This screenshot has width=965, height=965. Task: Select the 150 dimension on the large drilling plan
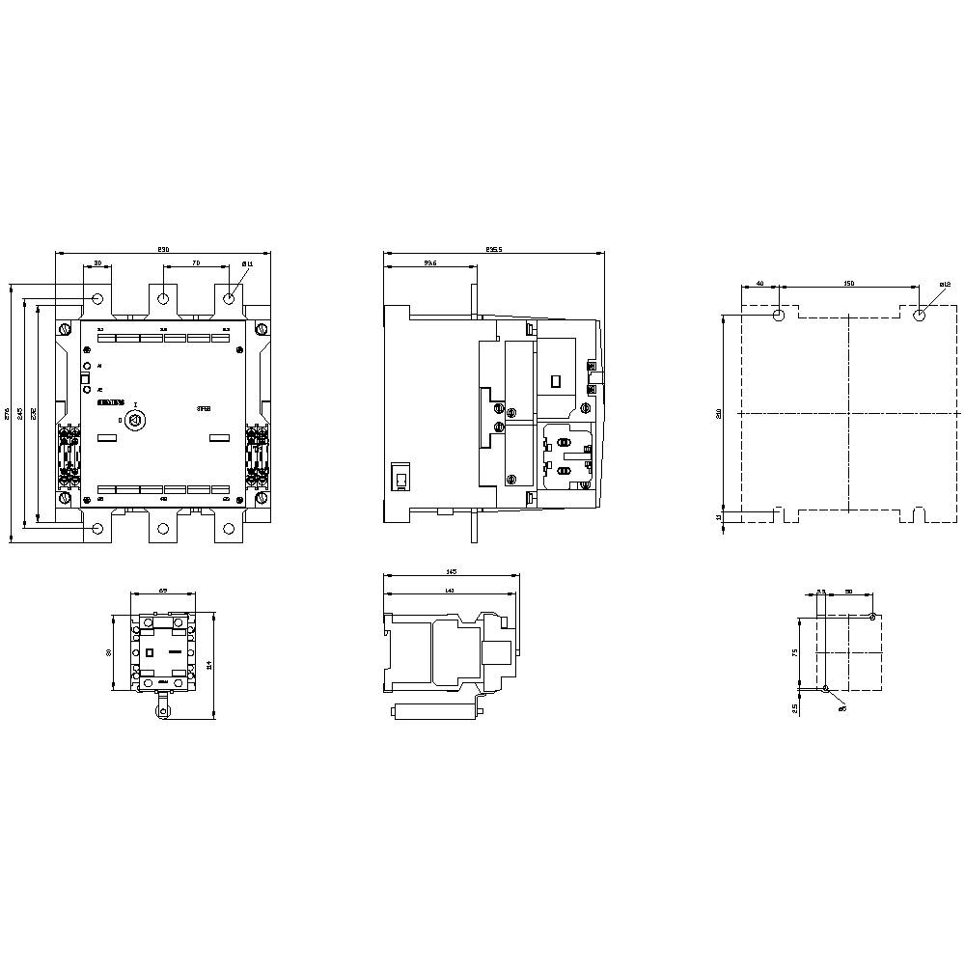point(848,284)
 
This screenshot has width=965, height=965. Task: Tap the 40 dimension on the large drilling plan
point(760,284)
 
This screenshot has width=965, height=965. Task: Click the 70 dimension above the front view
point(196,262)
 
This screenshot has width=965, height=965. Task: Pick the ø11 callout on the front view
point(247,263)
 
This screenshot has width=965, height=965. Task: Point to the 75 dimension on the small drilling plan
point(795,652)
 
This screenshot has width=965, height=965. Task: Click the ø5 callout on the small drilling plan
point(841,708)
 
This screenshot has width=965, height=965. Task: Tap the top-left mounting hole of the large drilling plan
point(780,315)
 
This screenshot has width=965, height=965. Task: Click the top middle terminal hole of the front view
point(163,298)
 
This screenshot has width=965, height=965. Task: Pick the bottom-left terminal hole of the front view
point(97,528)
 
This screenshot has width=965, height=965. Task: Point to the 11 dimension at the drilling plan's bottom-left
point(719,517)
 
